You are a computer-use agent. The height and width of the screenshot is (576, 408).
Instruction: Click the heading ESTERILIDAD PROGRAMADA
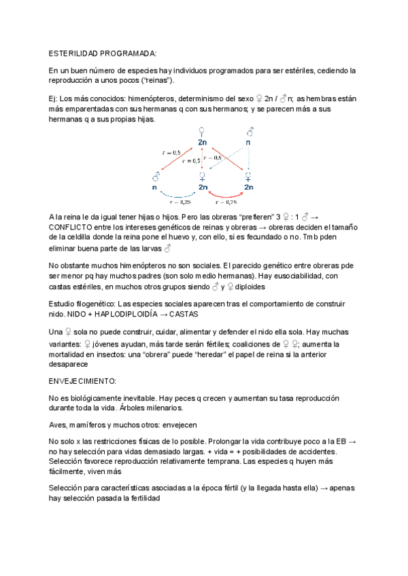[x=103, y=52]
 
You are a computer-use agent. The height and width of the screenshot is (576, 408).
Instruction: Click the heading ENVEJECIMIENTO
[x=83, y=382]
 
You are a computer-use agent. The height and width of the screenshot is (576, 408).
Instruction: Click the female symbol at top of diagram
[x=202, y=130]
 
